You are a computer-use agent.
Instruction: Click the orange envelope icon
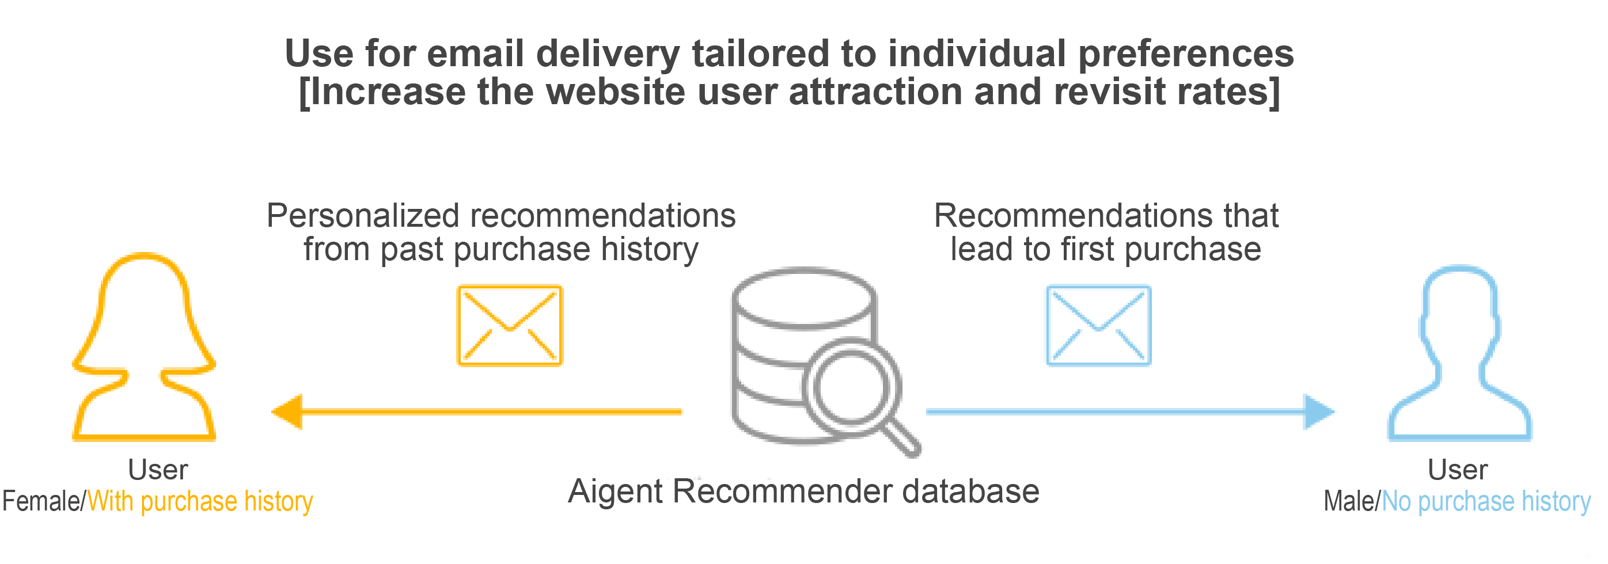point(510,326)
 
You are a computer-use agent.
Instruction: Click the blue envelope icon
point(1099,326)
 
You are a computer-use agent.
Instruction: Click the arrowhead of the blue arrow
point(1319,411)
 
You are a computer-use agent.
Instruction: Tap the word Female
point(41,501)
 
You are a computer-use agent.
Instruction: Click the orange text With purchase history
point(200,502)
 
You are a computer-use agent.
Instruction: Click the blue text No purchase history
point(1486,502)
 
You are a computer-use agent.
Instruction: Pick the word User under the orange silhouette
point(158,470)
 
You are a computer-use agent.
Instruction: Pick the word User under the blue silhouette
point(1458,470)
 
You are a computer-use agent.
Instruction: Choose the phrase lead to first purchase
point(1106,250)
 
